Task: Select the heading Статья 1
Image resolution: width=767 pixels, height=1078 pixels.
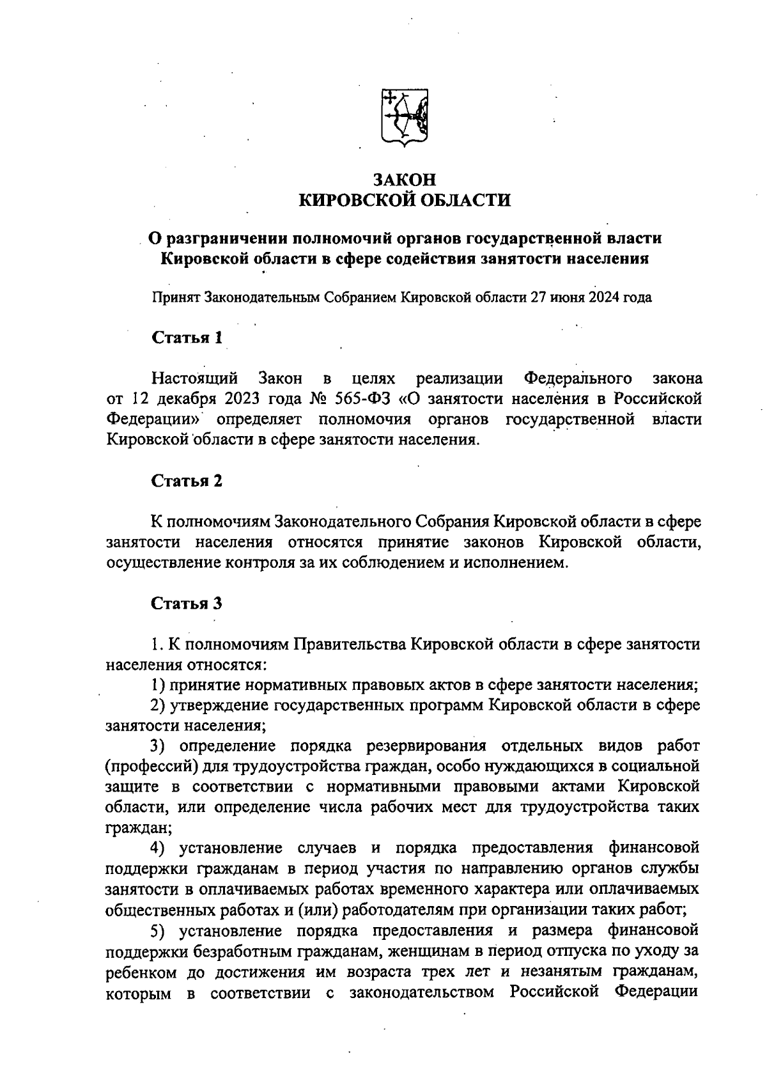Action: coord(187,337)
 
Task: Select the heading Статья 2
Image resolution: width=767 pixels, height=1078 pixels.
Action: coord(187,480)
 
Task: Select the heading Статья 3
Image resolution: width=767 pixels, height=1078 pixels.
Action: coord(187,603)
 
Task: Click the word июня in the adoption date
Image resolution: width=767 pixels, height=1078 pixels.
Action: coord(562,298)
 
